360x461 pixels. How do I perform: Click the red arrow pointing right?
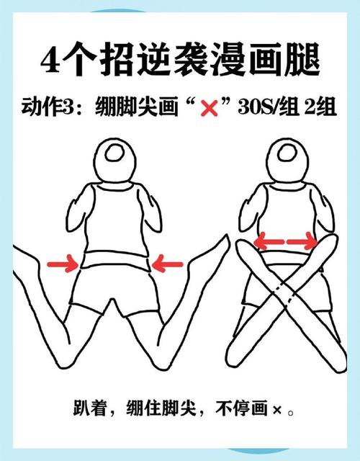(x=63, y=265)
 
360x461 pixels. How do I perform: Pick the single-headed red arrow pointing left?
(x=170, y=265)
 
